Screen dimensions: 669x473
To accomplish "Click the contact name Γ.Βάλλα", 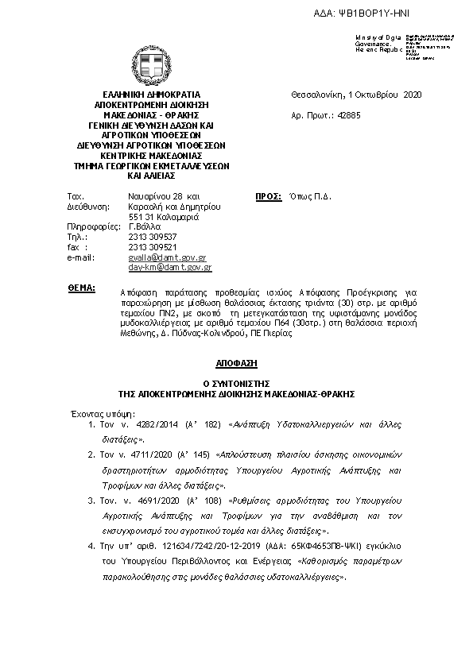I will [x=145, y=226].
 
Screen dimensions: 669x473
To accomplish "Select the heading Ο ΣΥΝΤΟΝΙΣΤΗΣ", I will [x=236, y=383].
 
